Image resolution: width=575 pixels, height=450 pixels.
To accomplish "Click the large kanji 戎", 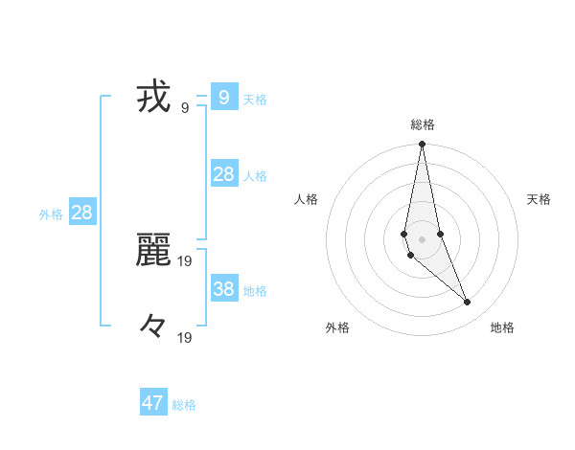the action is tap(153, 98).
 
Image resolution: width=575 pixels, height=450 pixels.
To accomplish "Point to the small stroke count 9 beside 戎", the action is tap(185, 108).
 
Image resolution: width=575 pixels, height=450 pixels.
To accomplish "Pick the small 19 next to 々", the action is tap(185, 338).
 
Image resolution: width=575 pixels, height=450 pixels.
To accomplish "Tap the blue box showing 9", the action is tap(223, 97).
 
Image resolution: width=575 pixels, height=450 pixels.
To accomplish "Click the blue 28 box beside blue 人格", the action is tap(223, 173).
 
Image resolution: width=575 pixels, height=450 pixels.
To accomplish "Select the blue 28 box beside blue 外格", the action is tap(81, 213).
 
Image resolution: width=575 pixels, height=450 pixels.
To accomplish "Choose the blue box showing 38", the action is tap(223, 288).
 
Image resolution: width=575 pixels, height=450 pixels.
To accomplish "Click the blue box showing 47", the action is tap(153, 403).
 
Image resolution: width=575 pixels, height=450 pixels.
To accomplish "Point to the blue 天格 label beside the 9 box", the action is tap(255, 100).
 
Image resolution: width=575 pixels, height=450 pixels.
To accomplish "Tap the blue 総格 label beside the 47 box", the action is tap(184, 406).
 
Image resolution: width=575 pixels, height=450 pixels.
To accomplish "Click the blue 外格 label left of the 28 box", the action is tap(51, 215).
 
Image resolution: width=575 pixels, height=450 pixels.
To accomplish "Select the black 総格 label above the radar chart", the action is tap(423, 124).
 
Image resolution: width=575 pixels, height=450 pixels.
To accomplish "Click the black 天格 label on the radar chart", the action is tap(539, 200).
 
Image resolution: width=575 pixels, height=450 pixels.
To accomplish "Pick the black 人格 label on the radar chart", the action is tap(307, 200).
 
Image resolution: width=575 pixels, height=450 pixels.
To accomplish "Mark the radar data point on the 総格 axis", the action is tap(423, 145).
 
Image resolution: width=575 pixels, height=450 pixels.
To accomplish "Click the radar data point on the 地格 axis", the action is tap(468, 302).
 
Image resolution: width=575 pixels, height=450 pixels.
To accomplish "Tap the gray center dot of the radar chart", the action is tap(423, 238).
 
